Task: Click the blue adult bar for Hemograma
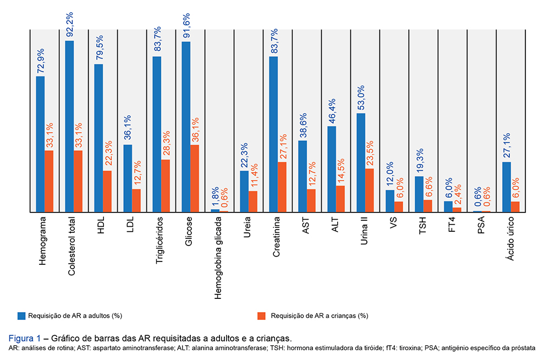[41, 144]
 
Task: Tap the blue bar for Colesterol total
[69, 127]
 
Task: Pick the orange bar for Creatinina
[283, 187]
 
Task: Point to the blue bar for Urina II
[361, 163]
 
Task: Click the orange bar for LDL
[137, 201]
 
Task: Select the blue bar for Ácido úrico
[507, 187]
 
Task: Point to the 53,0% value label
[361, 97]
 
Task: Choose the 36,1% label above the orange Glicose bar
[195, 129]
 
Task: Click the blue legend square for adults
[21, 315]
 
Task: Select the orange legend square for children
[261, 315]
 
